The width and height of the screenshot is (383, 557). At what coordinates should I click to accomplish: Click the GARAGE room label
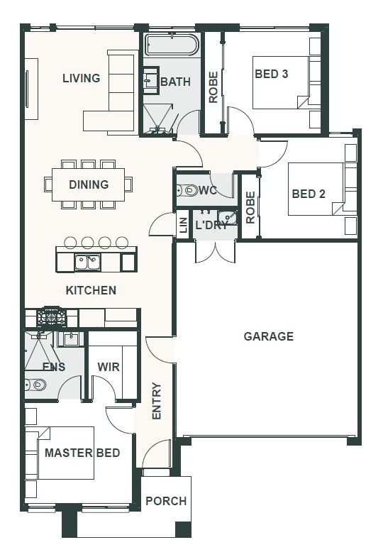coord(269,336)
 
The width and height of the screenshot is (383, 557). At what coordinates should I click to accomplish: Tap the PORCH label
coord(166,501)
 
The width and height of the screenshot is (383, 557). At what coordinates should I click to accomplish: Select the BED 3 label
coord(272,74)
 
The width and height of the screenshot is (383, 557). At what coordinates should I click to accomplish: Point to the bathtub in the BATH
coord(172,45)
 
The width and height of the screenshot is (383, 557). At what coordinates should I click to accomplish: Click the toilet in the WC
coord(187,190)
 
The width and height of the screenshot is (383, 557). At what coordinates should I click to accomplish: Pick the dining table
coord(89,184)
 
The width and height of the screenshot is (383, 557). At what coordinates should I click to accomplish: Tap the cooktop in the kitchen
coord(52,316)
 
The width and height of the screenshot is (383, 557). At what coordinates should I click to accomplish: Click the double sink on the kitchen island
coord(87,262)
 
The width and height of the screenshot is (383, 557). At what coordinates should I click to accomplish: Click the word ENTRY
coord(157,401)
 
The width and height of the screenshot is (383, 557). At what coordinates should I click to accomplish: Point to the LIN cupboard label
coord(184,226)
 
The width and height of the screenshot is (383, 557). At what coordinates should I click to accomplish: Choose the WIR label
coord(109,367)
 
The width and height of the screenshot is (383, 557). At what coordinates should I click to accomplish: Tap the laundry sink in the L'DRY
coord(227,217)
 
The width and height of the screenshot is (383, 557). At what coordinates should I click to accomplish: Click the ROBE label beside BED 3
coord(213,87)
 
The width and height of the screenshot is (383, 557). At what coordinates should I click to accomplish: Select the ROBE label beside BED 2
coord(250,207)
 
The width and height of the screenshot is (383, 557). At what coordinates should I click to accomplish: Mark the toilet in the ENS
coord(35,385)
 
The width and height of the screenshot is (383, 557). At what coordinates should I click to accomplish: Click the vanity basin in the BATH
coord(150,81)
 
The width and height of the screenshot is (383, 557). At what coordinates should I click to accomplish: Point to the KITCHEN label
coord(91,290)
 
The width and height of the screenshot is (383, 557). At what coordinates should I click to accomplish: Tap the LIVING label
coord(82,78)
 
